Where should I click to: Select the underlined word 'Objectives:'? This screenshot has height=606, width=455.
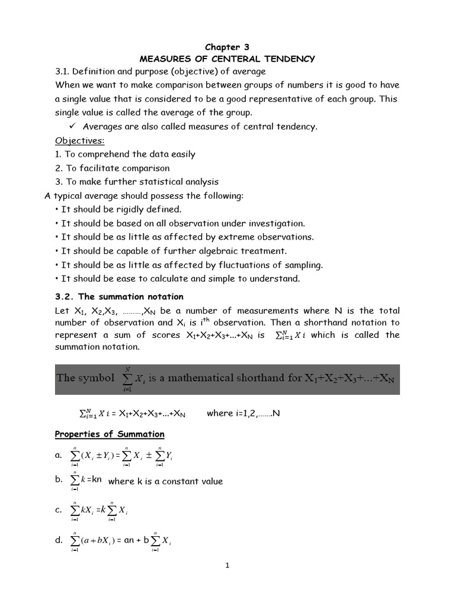(79, 141)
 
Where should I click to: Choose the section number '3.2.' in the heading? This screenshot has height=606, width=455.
(66, 296)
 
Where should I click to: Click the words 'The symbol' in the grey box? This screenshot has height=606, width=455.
(85, 378)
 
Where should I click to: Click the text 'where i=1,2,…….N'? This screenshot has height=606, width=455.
(243, 413)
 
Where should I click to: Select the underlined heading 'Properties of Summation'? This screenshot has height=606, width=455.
(110, 434)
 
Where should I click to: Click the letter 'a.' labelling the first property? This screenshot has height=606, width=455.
(59, 455)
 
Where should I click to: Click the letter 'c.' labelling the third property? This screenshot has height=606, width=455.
(59, 510)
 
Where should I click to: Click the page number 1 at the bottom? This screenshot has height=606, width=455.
(227, 565)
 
